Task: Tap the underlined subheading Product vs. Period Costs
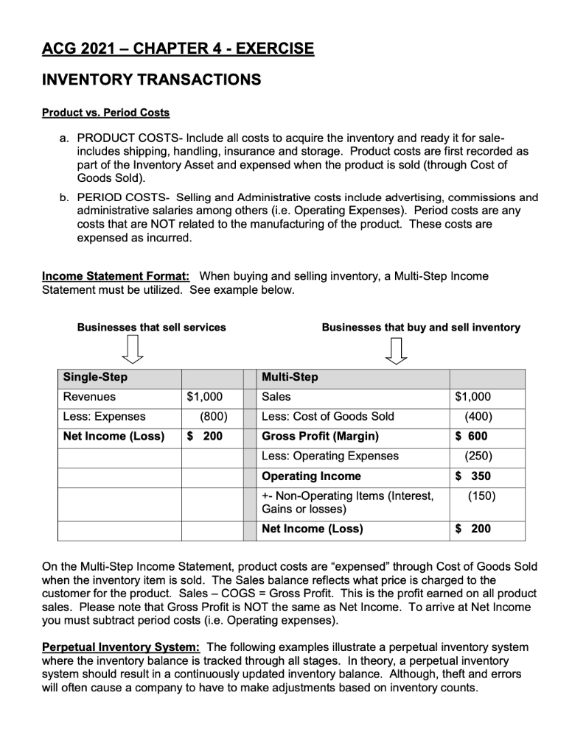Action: pos(105,113)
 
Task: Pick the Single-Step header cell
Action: pos(95,377)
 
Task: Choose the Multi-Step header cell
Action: pos(290,377)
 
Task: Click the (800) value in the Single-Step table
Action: pos(209,416)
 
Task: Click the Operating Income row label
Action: pos(312,476)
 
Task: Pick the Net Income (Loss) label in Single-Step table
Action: pos(114,436)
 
